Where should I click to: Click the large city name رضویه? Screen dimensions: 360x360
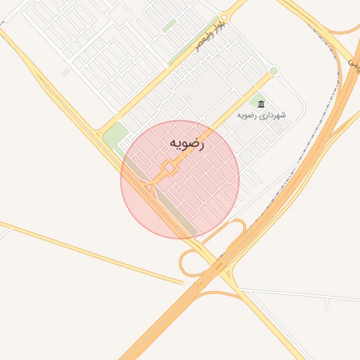(x=187, y=143)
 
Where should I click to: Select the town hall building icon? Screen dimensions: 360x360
(x=262, y=104)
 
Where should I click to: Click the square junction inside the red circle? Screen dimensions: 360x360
(x=169, y=169)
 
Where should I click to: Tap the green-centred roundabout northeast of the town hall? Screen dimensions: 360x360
(x=274, y=71)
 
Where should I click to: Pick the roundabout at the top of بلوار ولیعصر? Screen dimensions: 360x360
(x=224, y=17)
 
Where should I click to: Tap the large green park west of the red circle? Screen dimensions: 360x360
(x=115, y=134)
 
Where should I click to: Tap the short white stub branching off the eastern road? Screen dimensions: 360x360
(x=327, y=304)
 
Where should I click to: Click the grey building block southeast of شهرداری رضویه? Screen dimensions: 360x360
(x=281, y=130)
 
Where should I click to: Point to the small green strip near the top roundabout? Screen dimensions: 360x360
(x=169, y=26)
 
